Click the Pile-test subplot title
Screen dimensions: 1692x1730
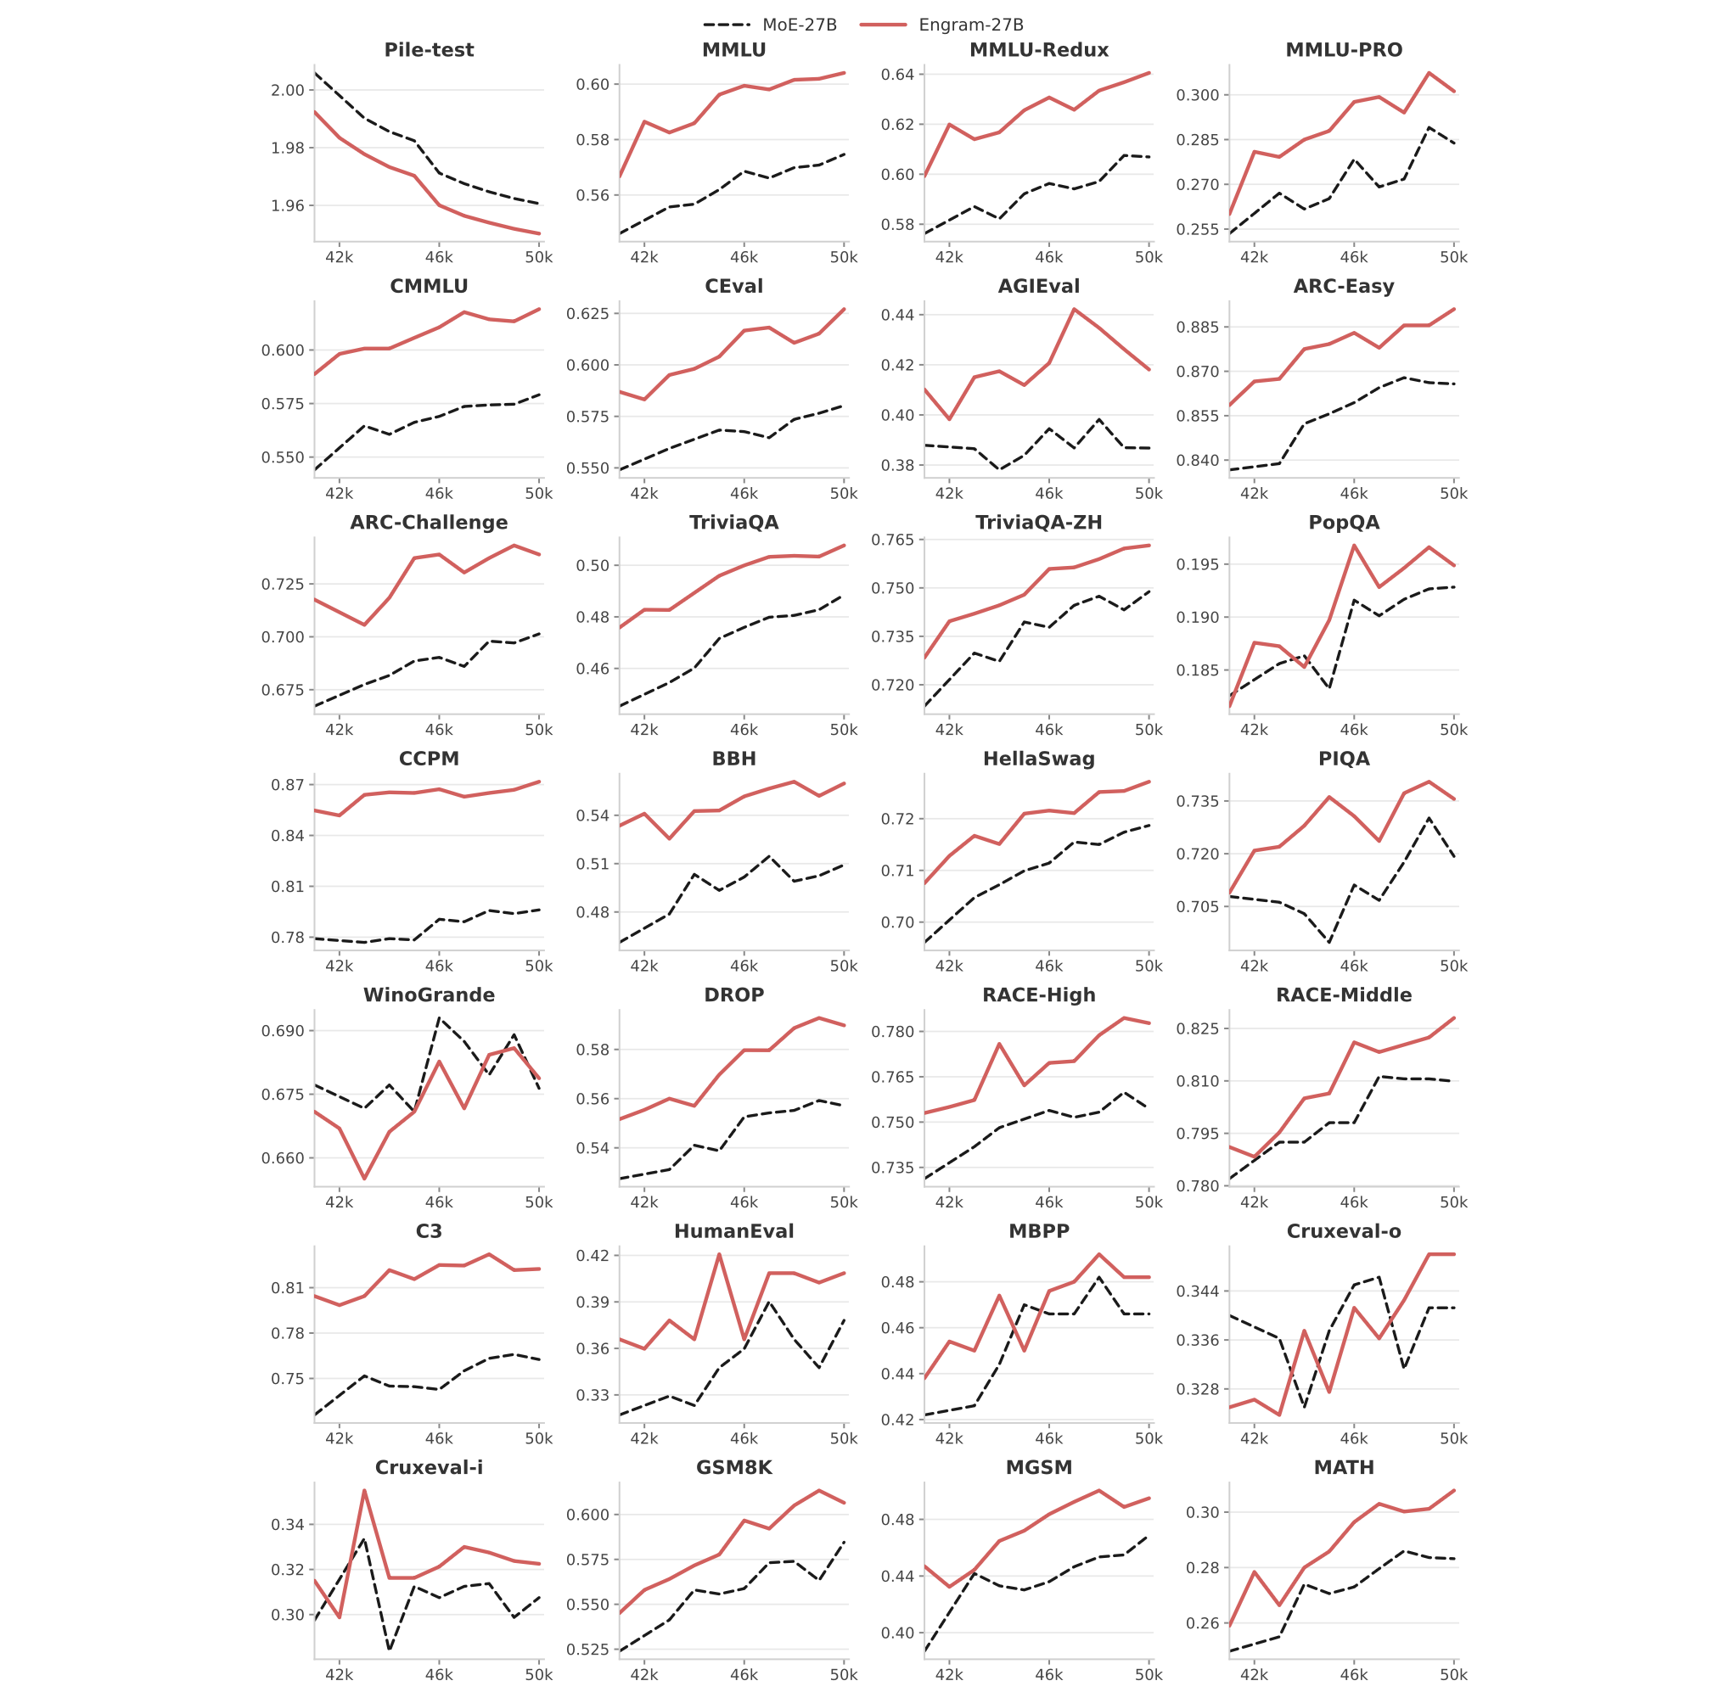click(429, 50)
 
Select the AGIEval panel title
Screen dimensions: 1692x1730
click(1038, 286)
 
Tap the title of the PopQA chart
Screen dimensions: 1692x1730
click(1343, 523)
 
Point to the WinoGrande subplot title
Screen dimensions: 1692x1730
click(429, 995)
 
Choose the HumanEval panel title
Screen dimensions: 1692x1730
click(733, 1232)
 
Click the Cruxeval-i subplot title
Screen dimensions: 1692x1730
click(429, 1468)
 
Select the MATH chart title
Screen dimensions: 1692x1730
click(1343, 1468)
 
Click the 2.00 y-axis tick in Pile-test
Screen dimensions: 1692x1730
click(287, 90)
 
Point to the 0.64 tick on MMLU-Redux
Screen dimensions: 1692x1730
click(897, 74)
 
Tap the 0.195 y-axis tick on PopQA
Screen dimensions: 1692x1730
click(1199, 564)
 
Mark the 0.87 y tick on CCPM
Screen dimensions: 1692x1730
click(287, 785)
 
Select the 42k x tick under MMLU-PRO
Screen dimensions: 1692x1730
click(1255, 258)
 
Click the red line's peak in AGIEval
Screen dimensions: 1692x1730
click(1074, 309)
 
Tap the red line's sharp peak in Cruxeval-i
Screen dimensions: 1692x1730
click(364, 1491)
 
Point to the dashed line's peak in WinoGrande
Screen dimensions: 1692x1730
click(439, 1017)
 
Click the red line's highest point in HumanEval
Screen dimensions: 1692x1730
click(718, 1255)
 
